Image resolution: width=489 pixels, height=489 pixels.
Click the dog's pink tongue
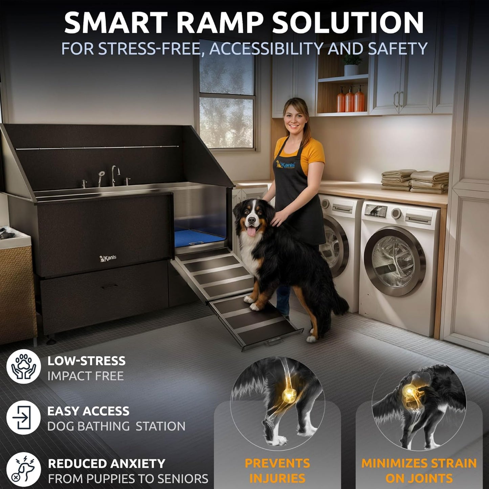251,231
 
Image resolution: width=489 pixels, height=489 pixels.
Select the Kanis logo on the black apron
285,164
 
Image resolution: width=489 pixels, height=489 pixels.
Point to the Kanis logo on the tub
108,258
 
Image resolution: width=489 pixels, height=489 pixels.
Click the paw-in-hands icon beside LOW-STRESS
23,366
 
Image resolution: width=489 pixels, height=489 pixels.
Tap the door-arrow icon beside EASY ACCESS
23,417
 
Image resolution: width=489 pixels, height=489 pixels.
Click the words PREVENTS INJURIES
277,470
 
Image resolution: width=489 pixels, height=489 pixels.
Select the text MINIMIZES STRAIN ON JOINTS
419,470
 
